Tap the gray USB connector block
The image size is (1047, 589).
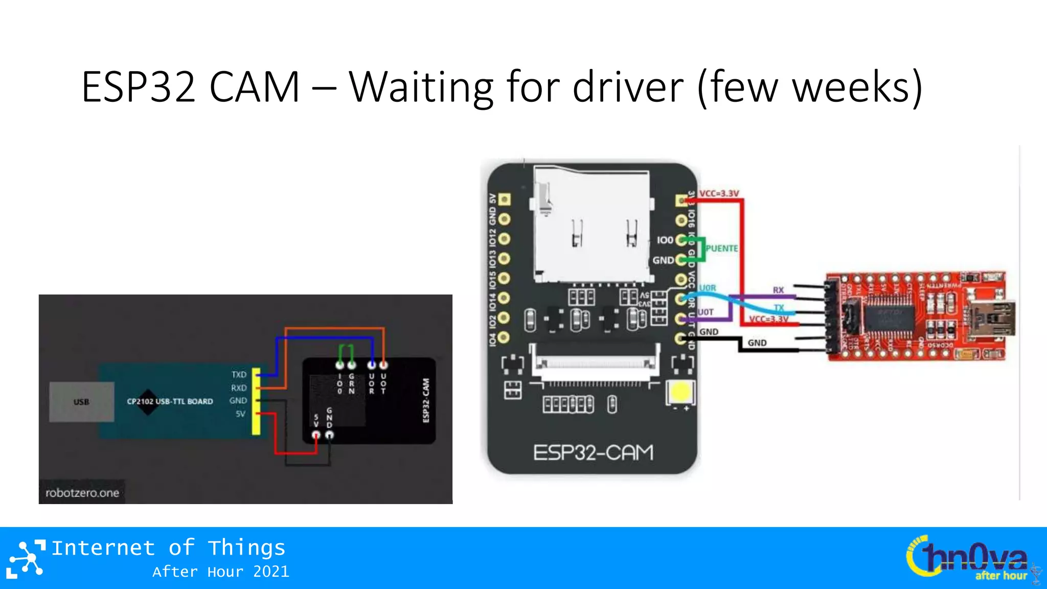[81, 402]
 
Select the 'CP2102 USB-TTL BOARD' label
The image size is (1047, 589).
[170, 401]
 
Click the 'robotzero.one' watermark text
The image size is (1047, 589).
[82, 493]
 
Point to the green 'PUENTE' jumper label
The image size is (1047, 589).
[721, 248]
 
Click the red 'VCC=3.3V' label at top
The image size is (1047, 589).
[719, 194]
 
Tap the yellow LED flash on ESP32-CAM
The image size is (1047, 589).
[680, 393]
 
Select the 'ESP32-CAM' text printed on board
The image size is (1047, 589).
[593, 453]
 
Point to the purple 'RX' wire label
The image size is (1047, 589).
[778, 290]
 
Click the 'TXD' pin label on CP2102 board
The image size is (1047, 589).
[239, 375]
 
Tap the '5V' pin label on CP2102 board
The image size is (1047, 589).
[240, 414]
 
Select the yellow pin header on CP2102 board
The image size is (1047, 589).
[256, 402]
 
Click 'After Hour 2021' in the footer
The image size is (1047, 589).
[220, 572]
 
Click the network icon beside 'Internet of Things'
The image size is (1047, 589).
[26, 559]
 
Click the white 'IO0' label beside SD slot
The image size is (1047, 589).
[665, 240]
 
